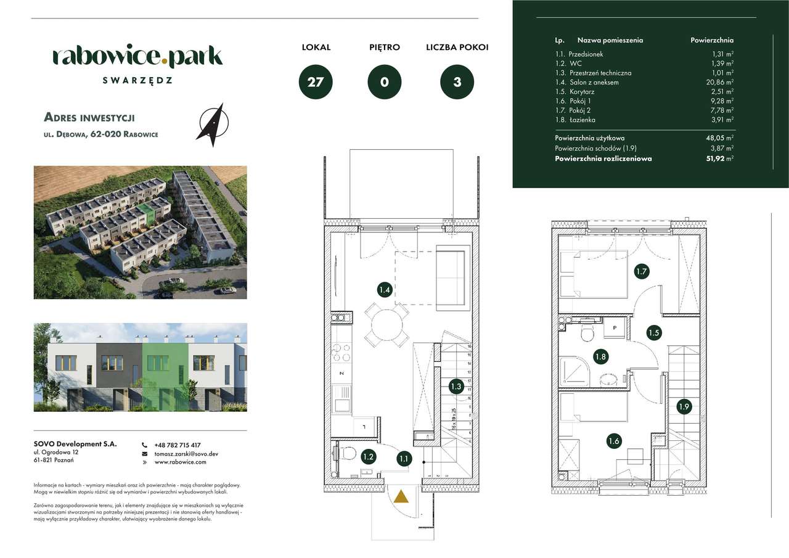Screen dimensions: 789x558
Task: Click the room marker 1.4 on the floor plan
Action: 385,289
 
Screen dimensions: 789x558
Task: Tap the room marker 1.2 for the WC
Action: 368,457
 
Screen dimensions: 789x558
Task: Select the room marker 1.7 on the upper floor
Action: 641,271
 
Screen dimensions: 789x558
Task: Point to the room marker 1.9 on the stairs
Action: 684,406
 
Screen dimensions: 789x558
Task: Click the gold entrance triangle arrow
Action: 401,497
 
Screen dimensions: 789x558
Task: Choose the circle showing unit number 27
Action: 316,82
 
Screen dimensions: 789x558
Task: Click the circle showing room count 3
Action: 457,82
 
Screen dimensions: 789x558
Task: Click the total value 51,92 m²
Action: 717,158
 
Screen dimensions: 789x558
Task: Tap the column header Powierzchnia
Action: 712,40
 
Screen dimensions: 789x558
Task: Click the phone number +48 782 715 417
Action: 178,445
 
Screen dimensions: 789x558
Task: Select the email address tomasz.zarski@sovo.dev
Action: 186,454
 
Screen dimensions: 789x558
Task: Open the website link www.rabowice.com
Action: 180,462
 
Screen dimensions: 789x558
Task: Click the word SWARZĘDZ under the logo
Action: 137,80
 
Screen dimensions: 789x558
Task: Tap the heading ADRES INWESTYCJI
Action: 89,117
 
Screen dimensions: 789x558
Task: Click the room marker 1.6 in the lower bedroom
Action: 613,441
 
